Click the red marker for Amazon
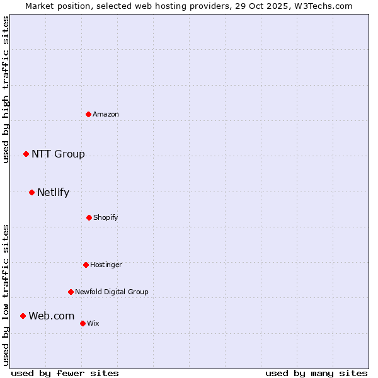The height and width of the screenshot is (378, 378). pos(89,114)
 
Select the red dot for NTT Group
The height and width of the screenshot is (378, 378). pos(26,154)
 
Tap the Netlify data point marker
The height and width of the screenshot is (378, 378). pos(31,192)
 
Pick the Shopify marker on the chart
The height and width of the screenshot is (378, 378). pos(89,217)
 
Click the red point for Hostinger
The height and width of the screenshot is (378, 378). pos(86,265)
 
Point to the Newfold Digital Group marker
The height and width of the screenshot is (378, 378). pos(71,292)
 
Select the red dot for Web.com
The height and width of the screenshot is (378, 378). pos(23,316)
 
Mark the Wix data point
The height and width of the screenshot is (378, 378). pos(83,323)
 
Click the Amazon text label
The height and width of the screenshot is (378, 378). pos(106,114)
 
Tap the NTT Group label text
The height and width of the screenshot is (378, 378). pos(58,154)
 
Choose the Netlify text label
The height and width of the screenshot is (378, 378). pos(53,192)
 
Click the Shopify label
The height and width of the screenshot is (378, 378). pos(106,217)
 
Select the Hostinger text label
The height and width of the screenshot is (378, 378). pos(106,265)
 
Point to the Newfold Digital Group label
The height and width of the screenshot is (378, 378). pos(112,292)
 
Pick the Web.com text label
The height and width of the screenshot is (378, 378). pos(51,316)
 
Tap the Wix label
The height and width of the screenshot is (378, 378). pos(93,323)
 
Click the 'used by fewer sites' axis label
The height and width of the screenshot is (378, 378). pos(65,373)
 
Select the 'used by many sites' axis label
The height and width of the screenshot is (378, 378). pos(316,373)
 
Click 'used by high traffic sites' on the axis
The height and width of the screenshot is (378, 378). pos(6,89)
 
